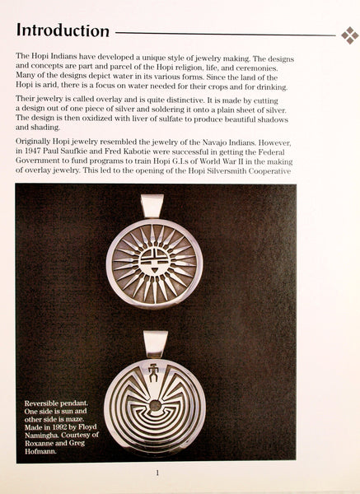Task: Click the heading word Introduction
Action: coord(63,32)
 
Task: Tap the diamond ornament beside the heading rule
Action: coord(349,35)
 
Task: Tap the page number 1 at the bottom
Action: coord(157,473)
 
